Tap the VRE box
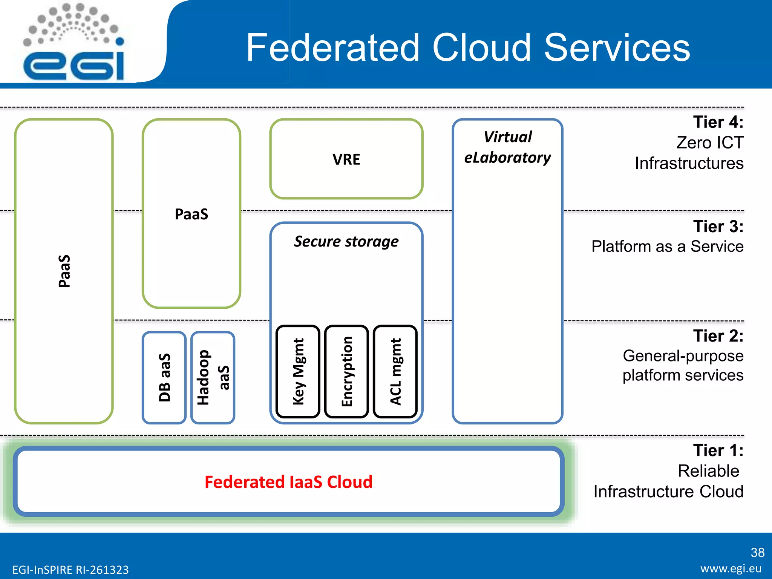pos(346,159)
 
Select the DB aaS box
pos(164,377)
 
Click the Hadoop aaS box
pos(213,377)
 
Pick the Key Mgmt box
pos(298,372)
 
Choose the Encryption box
pos(346,372)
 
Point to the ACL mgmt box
pos(395,372)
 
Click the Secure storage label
pos(346,242)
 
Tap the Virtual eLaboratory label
pos(507,147)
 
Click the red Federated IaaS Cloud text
pos(288,482)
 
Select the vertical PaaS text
pos(64,271)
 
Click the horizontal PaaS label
pos(191,214)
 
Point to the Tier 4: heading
pos(718,122)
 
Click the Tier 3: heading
pos(718,227)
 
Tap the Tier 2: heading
pos(718,336)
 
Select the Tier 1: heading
pos(718,450)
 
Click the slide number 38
pos(757,553)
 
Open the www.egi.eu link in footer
pos(731,568)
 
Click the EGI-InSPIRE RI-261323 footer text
pos(70,570)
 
